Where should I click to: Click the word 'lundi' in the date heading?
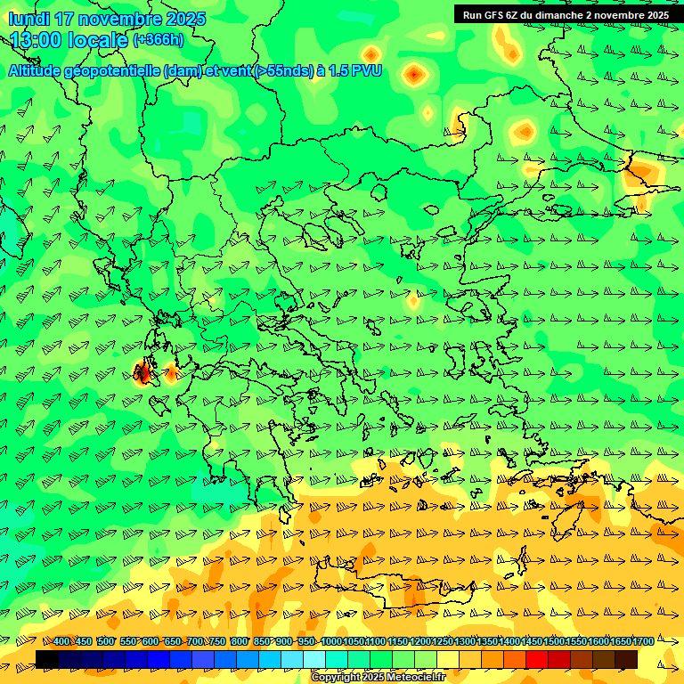(28, 19)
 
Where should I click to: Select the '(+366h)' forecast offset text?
(159, 39)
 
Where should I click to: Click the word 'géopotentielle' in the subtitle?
(112, 71)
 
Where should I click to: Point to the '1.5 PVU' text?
(355, 71)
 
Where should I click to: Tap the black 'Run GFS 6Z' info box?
(566, 14)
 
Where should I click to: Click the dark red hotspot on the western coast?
(142, 373)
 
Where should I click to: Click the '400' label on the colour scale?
(62, 642)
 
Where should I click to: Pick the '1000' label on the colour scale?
(331, 642)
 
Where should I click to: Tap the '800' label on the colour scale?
(240, 642)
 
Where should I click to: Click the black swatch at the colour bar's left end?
(47, 659)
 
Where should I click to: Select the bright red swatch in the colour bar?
(537, 659)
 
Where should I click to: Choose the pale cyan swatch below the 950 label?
(314, 659)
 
